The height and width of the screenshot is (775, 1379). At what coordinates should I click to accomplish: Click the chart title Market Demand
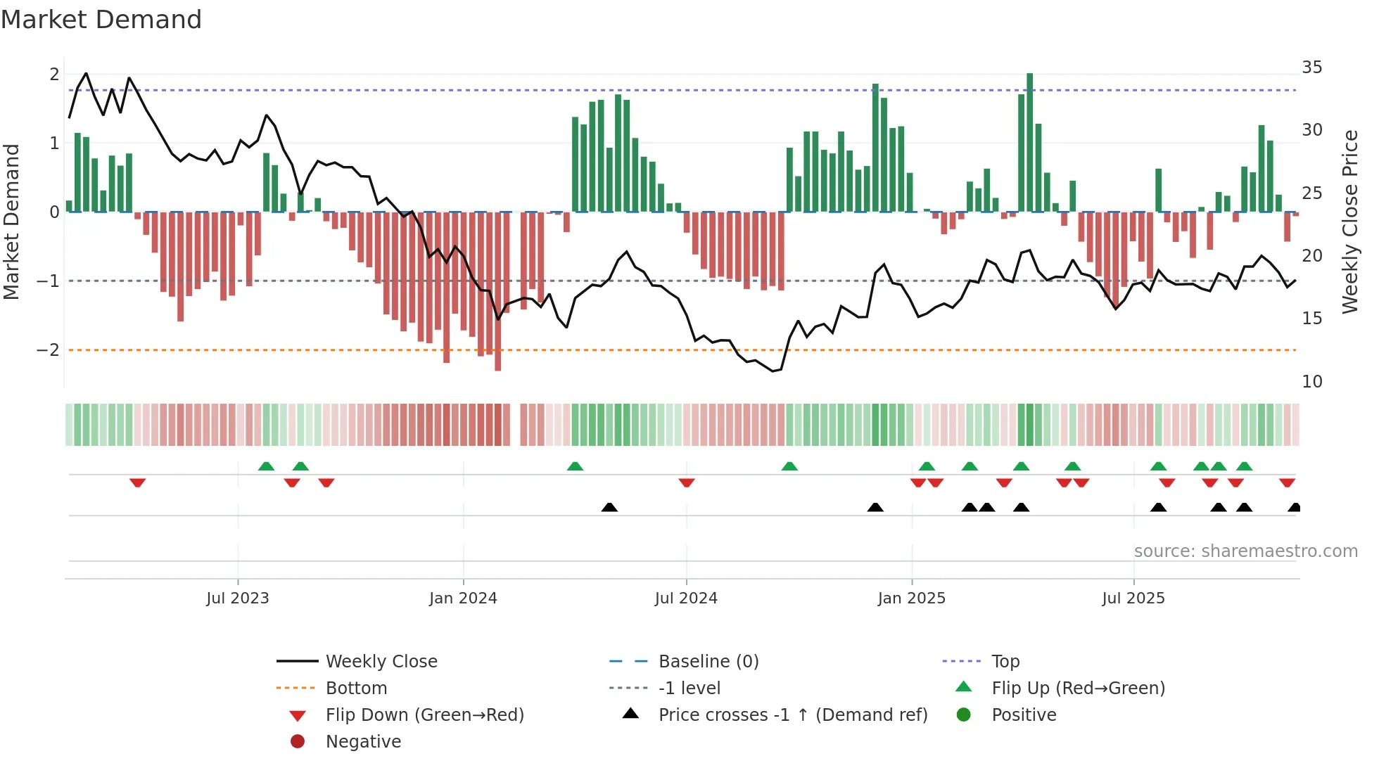pyautogui.click(x=101, y=20)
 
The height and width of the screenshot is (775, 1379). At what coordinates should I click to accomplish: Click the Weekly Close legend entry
pyautogui.click(x=381, y=661)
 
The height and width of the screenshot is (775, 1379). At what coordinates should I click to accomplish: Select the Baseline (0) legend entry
pyautogui.click(x=708, y=661)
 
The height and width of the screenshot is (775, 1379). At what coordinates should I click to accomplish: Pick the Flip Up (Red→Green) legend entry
pyautogui.click(x=1078, y=688)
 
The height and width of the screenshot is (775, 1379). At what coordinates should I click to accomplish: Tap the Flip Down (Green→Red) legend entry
pyautogui.click(x=424, y=715)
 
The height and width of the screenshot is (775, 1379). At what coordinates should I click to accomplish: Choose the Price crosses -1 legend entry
pyautogui.click(x=792, y=715)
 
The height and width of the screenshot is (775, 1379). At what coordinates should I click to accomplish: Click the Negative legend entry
pyautogui.click(x=363, y=741)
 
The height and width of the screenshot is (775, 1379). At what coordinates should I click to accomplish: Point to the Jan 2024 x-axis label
pyautogui.click(x=463, y=598)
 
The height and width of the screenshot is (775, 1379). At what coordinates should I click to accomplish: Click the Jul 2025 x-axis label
pyautogui.click(x=1133, y=598)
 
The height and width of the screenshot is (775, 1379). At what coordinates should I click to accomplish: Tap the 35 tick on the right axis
pyautogui.click(x=1311, y=67)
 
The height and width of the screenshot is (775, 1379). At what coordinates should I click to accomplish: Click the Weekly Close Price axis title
pyautogui.click(x=1349, y=222)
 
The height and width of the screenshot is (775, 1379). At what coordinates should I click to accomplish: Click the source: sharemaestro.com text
pyautogui.click(x=1245, y=551)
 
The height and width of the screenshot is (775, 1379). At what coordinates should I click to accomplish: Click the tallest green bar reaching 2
pyautogui.click(x=1029, y=141)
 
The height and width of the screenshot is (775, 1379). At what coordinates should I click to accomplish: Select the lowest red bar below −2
pyautogui.click(x=497, y=292)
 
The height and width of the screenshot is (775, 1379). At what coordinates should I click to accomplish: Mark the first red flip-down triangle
pyautogui.click(x=138, y=482)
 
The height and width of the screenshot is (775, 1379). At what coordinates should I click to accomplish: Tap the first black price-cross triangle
pyautogui.click(x=609, y=507)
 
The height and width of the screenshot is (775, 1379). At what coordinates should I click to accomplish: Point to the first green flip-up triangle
pyautogui.click(x=266, y=466)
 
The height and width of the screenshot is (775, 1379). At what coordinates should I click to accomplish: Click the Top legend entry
pyautogui.click(x=1005, y=661)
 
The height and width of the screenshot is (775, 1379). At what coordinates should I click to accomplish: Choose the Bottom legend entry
pyautogui.click(x=356, y=688)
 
